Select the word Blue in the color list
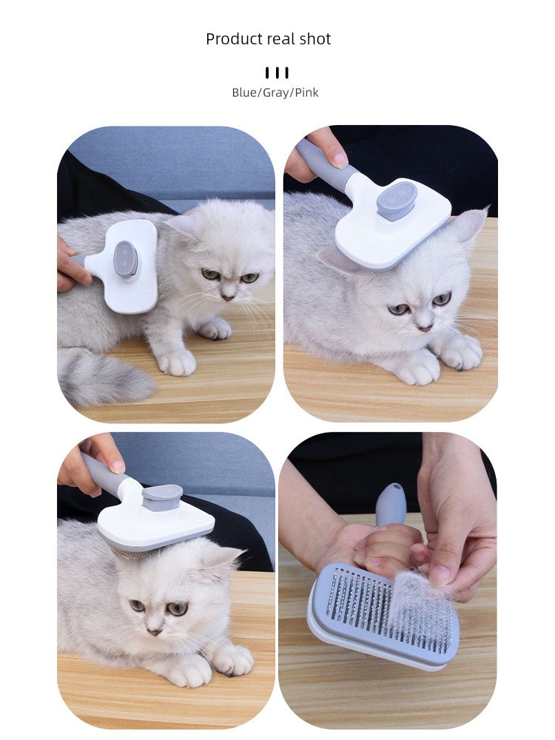243,92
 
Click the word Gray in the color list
275,92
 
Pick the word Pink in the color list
307,92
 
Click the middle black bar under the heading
277,73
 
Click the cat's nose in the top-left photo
229,297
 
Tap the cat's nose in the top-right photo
423,326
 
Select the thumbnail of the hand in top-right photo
339,160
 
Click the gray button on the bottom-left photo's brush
162,497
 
